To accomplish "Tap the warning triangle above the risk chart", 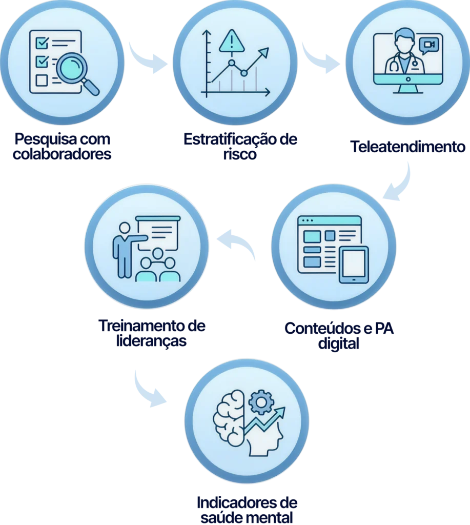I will [232, 41].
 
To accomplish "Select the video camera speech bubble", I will [430, 45].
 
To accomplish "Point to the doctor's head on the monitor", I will [404, 39].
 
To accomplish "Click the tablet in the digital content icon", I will [354, 264].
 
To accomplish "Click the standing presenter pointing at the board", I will [124, 248].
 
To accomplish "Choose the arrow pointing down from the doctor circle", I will [400, 182].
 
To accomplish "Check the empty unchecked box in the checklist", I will [42, 80].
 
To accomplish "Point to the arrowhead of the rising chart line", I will [264, 51].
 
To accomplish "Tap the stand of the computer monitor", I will [407, 88].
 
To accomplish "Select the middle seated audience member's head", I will [157, 254].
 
